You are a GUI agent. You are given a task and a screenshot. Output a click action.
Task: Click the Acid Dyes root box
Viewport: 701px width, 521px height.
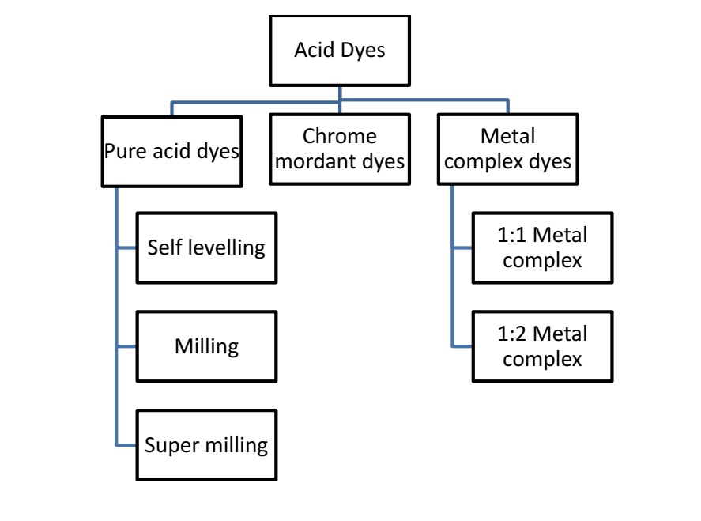[x=340, y=51]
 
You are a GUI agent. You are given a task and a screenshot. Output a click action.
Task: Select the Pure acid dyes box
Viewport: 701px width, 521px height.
[x=171, y=150]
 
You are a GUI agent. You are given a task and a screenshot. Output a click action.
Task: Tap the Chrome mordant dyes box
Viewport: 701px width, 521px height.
[x=340, y=149]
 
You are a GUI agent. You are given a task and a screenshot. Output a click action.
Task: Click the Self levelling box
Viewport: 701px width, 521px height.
[x=206, y=247]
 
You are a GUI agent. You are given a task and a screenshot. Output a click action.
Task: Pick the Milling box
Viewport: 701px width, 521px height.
[x=206, y=346]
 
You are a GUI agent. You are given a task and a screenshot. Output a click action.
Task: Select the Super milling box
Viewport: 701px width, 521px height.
[x=206, y=445]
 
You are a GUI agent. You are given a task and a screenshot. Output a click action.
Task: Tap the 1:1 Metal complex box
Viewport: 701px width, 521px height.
[x=542, y=247]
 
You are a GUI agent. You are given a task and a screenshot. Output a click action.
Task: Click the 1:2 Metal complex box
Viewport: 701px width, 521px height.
[x=542, y=346]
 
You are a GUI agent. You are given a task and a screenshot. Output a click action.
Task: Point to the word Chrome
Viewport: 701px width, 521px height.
[x=340, y=137]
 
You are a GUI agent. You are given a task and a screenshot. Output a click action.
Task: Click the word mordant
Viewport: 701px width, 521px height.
[x=321, y=163]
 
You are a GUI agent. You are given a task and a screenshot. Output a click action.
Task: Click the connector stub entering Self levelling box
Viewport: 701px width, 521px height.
[x=126, y=247]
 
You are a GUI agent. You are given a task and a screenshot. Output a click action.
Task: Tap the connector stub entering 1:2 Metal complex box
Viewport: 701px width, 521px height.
[x=462, y=346]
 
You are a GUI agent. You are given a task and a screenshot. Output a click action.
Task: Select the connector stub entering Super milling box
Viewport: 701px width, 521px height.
[x=126, y=445]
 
